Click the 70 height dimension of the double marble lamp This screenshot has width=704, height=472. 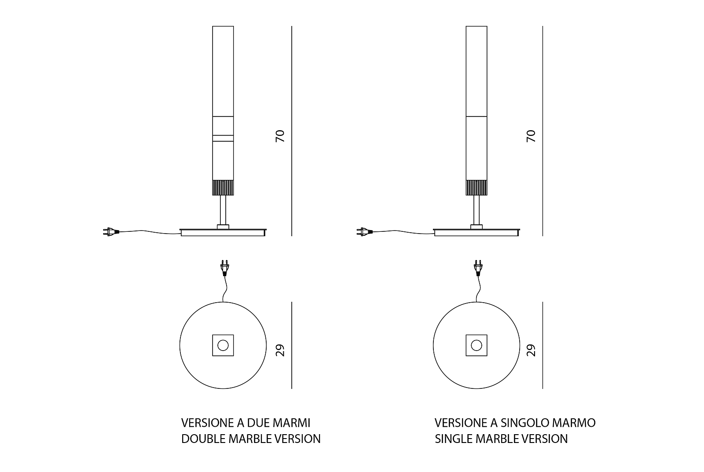point(280,135)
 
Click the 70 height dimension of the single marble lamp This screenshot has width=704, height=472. point(532,135)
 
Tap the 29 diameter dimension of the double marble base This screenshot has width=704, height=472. point(280,350)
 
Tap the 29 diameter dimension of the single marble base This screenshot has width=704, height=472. point(532,350)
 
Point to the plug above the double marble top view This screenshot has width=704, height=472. point(224,267)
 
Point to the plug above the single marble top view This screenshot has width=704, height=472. point(478,267)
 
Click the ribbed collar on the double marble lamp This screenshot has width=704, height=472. point(223,187)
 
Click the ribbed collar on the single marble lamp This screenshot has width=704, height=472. point(477,187)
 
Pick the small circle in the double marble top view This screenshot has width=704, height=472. point(223,345)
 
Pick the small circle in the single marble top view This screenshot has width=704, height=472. point(477,345)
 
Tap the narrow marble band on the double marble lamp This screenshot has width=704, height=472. point(223,138)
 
